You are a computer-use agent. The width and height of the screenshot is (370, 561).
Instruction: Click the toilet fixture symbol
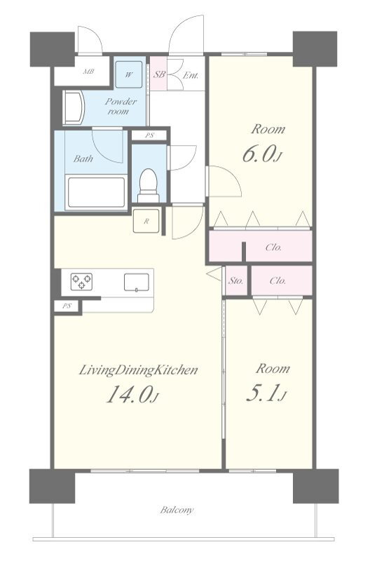[x=148, y=186]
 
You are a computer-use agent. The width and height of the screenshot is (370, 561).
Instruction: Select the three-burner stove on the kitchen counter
[x=81, y=282]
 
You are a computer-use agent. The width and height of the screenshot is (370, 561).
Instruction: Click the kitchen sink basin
[x=137, y=282]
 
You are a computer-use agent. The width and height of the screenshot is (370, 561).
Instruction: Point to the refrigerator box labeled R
[x=146, y=221]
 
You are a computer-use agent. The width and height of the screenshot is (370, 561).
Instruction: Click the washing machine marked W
[x=129, y=75]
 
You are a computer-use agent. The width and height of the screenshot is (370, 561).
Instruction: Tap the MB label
[x=89, y=72]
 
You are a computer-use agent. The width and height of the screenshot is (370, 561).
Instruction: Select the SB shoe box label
[x=159, y=75]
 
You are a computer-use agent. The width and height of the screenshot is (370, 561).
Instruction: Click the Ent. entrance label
[x=191, y=76]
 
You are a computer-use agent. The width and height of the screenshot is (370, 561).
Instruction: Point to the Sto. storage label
[x=236, y=281]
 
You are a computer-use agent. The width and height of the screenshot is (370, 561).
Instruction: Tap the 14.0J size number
[x=132, y=395]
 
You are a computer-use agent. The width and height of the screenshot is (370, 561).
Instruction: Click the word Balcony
[x=177, y=510]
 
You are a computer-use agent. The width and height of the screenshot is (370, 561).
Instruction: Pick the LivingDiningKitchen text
[x=138, y=370]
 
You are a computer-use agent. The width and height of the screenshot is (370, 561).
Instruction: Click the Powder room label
[x=121, y=107]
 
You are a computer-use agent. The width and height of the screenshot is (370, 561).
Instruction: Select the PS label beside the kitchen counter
[x=67, y=306]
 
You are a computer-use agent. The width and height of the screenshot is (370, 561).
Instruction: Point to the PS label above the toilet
[x=149, y=135]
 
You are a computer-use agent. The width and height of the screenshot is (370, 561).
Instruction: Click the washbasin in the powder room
[x=74, y=107]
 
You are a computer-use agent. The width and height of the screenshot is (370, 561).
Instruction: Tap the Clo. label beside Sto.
[x=277, y=281]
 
